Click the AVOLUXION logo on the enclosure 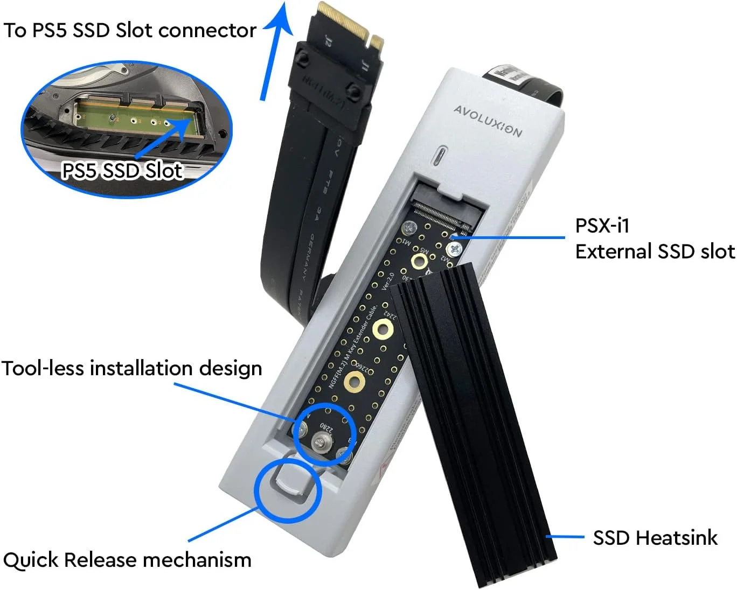[488, 121]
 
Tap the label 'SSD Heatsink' [655, 538]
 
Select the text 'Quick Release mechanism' [127, 560]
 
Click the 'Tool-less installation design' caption [131, 369]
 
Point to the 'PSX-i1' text [602, 226]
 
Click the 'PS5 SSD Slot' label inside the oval [122, 171]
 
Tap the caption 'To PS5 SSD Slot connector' [130, 31]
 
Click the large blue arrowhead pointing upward [281, 19]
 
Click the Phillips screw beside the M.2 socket [454, 249]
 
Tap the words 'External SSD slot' [655, 251]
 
